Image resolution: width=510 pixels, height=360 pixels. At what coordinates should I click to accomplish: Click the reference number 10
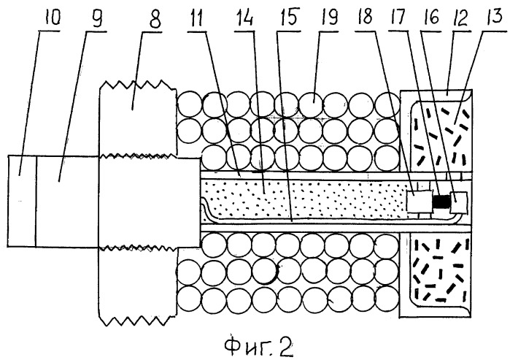click(x=53, y=18)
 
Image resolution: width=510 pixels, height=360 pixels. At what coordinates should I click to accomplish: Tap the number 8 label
click(x=155, y=19)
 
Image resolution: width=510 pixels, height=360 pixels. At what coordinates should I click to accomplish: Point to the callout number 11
click(x=196, y=18)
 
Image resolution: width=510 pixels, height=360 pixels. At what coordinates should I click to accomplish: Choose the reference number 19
click(x=329, y=17)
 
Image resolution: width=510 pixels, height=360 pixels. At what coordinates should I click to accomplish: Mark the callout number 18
click(x=365, y=16)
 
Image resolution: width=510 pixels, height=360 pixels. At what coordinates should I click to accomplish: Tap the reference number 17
click(x=398, y=17)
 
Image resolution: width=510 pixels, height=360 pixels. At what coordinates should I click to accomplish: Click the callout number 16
click(x=431, y=17)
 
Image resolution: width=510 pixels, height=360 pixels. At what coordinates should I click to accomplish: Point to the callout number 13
click(x=495, y=16)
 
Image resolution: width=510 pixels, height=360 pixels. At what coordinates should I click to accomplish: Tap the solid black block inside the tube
click(x=441, y=202)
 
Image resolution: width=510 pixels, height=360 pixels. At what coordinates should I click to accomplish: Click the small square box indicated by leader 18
click(x=420, y=201)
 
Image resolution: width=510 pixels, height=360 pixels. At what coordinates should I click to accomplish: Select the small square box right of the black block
click(x=458, y=202)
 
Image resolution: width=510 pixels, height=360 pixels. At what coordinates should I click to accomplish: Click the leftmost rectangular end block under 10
click(x=21, y=201)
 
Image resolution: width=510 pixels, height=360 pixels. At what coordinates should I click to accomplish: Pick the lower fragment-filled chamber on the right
click(x=440, y=271)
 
